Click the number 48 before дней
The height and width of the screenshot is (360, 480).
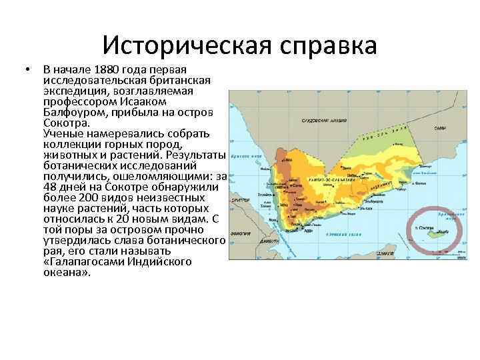click(x=49, y=187)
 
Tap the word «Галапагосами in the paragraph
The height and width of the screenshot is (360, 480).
click(x=83, y=262)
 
